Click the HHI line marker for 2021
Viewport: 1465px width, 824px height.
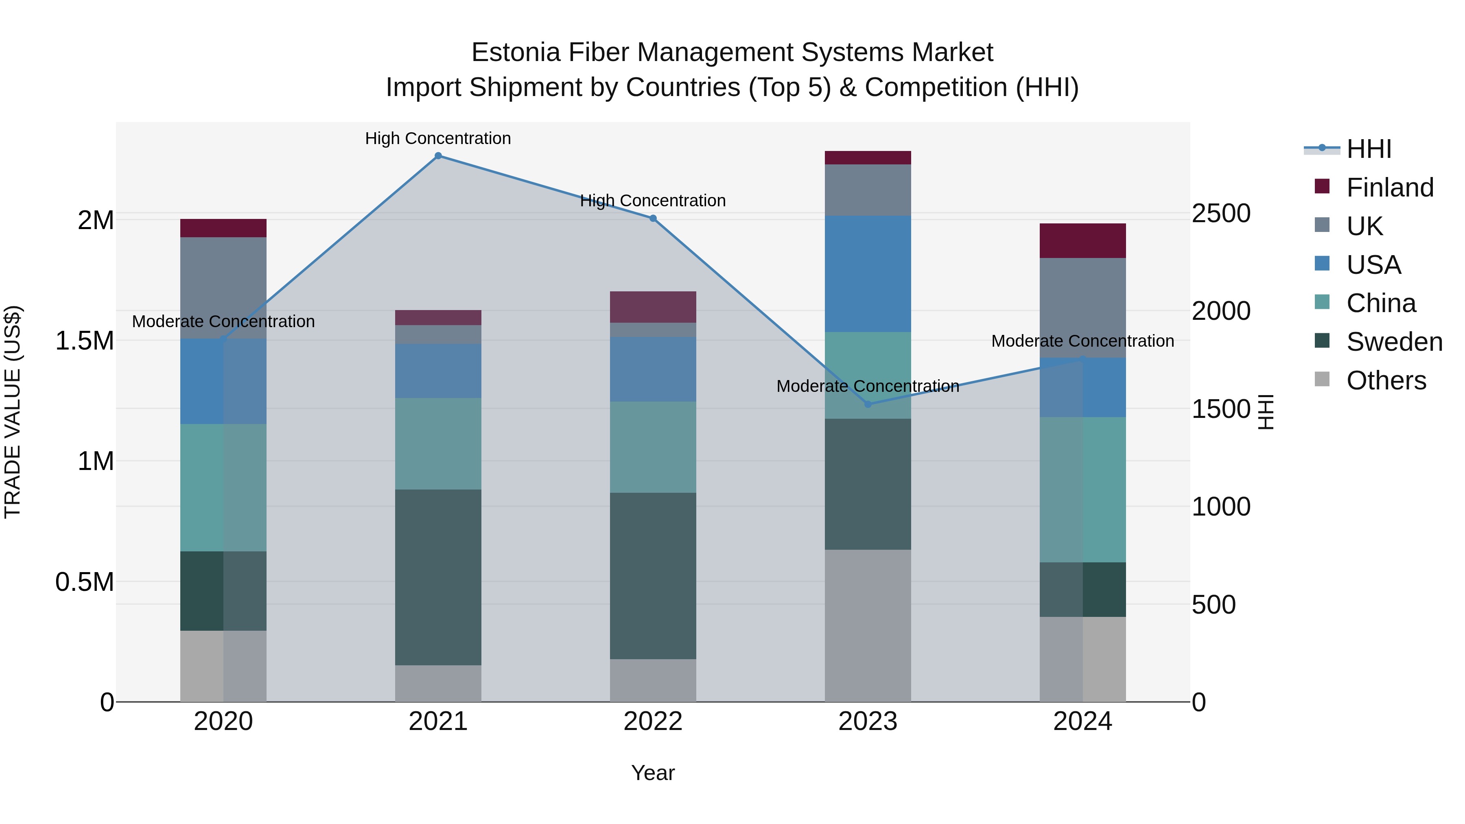(x=438, y=156)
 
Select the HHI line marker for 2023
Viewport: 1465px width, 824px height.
(x=868, y=404)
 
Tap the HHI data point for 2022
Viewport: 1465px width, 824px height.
(x=653, y=219)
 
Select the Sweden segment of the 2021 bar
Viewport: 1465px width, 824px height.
(x=438, y=577)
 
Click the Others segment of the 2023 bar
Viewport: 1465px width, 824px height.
(x=868, y=625)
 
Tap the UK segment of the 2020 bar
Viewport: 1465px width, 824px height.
(x=223, y=287)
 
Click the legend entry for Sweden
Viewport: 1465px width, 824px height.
(x=1394, y=342)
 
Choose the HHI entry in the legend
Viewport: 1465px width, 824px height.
(x=1368, y=149)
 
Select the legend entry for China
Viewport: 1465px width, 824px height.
(x=1380, y=303)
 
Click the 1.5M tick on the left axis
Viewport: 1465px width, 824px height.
(x=84, y=341)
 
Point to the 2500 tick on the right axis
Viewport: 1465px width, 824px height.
(x=1221, y=213)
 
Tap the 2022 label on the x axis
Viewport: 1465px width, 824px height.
(x=653, y=721)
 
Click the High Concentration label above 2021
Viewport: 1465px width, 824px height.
(x=438, y=138)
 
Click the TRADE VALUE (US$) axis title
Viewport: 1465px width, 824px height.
(x=13, y=412)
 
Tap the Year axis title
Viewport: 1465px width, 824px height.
(x=653, y=773)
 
